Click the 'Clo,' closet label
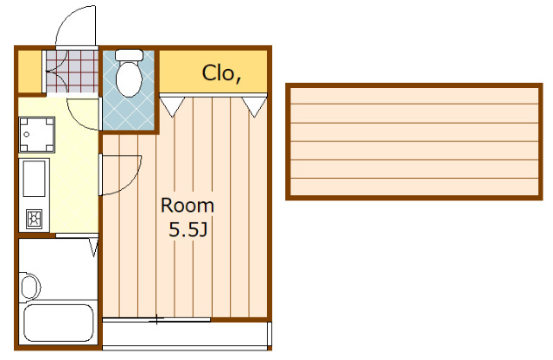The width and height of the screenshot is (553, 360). (x=221, y=73)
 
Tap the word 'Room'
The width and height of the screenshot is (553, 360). (x=188, y=205)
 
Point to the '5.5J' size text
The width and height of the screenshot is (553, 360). (x=188, y=230)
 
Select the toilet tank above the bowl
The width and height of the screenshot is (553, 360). (x=129, y=55)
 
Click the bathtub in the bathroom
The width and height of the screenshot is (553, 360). (x=59, y=323)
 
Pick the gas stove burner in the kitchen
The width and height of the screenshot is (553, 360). (x=35, y=218)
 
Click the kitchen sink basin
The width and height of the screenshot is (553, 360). (x=35, y=178)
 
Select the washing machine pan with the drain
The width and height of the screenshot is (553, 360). (x=36, y=135)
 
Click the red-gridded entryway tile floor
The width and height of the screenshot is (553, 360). (x=72, y=72)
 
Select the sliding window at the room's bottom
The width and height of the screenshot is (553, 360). (x=156, y=319)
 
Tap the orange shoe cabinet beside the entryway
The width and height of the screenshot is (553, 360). (x=29, y=72)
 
